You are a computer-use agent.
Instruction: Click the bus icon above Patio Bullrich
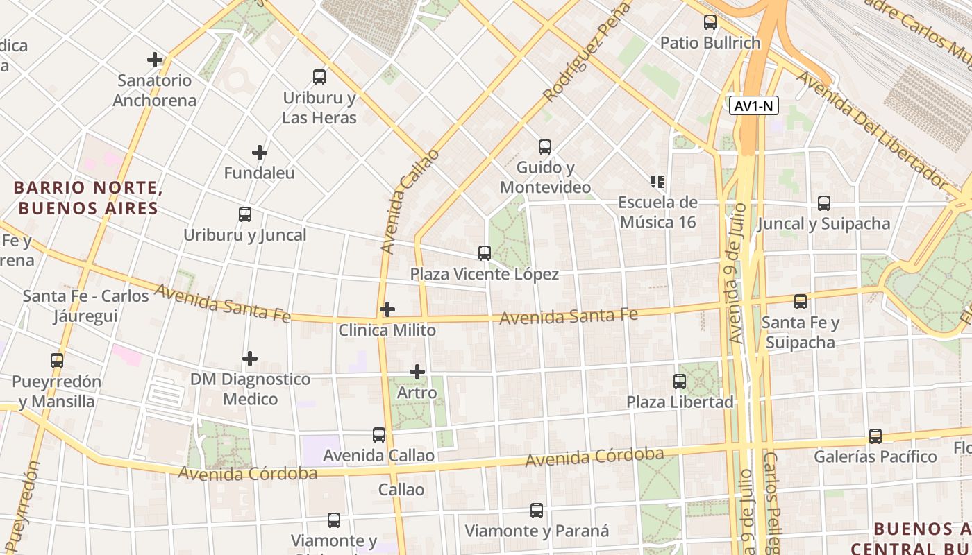[x=710, y=22]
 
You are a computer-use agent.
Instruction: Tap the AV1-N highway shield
[x=754, y=106]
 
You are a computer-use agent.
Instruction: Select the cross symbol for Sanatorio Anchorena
[x=155, y=60]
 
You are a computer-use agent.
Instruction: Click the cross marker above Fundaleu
[x=259, y=153]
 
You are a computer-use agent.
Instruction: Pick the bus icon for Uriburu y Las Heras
[x=319, y=77]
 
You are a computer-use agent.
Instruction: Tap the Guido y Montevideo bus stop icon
[x=545, y=147]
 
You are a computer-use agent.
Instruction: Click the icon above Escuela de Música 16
[x=657, y=182]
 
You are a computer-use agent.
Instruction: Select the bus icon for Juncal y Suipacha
[x=824, y=203]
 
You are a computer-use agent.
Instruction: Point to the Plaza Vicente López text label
[x=485, y=274]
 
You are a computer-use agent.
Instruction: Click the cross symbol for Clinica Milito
[x=387, y=309]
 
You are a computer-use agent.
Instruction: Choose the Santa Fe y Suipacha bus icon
[x=801, y=302]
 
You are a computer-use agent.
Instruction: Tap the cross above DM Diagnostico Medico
[x=250, y=359]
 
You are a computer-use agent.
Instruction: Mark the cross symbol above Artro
[x=417, y=372]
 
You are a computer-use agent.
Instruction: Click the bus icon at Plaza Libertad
[x=680, y=382]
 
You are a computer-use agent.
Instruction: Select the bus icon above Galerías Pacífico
[x=875, y=436]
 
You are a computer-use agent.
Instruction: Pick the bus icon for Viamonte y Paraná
[x=537, y=511]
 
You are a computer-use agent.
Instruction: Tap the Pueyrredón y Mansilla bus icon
[x=57, y=361]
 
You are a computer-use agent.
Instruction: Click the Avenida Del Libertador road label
[x=871, y=130]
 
